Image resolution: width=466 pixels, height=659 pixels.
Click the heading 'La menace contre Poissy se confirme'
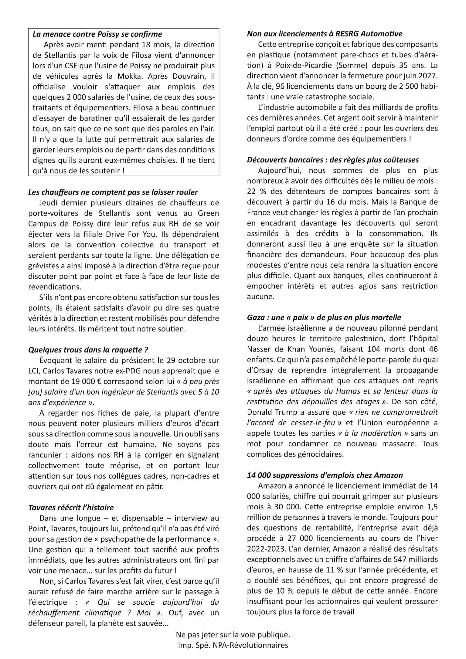point(97,34)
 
